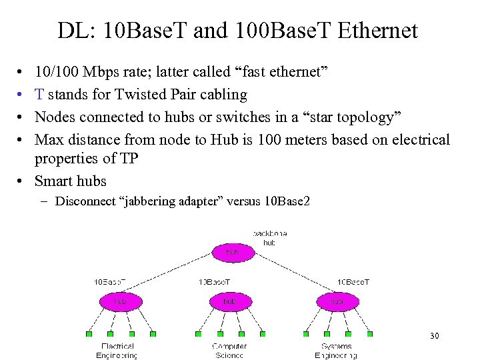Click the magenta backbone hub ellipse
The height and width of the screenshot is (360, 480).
[x=232, y=253]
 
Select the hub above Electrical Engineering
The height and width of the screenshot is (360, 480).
[x=120, y=302]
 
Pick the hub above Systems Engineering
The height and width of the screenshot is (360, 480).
[x=338, y=302]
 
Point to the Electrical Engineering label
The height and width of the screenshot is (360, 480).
[x=119, y=351]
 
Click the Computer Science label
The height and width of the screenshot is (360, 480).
[x=229, y=351]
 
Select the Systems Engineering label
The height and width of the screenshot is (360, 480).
[x=337, y=351]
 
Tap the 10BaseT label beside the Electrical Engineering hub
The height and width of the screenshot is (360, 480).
[x=110, y=282]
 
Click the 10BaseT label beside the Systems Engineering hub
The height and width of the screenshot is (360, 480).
[x=353, y=282]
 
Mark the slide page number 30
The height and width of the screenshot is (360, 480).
[x=434, y=336]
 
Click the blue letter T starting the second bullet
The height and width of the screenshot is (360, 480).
[x=40, y=95]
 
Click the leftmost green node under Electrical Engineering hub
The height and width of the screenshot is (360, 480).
[x=89, y=334]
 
